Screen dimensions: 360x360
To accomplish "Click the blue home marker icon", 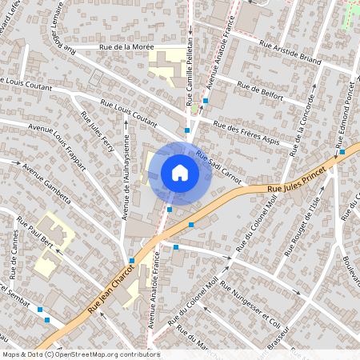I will click(180, 173).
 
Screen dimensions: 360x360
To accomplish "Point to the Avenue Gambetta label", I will click(49, 184).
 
